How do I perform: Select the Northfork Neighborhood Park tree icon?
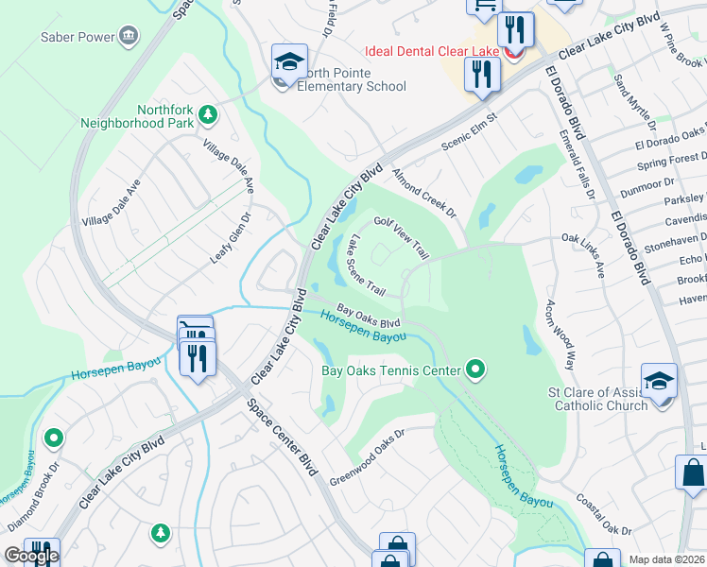(208, 116)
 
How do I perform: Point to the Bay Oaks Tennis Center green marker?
(476, 369)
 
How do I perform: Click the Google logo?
(31, 556)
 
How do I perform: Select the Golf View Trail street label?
(402, 237)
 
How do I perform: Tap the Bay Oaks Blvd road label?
(364, 317)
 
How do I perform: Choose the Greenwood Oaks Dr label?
(368, 458)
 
